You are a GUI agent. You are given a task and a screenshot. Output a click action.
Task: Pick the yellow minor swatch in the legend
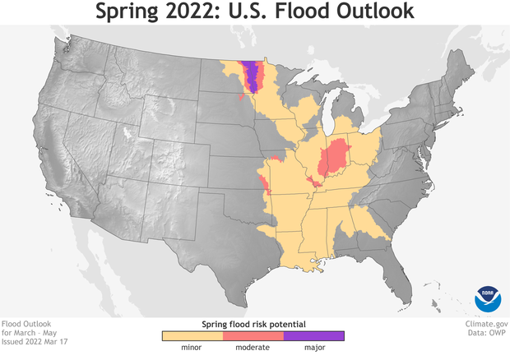(x=192, y=335)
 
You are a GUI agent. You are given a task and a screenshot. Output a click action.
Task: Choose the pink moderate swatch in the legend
(x=253, y=335)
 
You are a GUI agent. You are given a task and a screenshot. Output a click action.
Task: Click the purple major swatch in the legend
(x=313, y=335)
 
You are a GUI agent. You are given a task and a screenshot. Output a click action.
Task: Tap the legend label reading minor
(x=192, y=348)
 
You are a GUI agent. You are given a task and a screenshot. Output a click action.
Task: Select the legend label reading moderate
(x=253, y=348)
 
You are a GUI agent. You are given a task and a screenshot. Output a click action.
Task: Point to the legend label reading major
(x=313, y=348)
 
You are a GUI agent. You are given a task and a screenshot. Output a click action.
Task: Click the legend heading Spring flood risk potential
(x=253, y=324)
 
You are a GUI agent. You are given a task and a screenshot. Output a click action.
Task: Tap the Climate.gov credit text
(x=485, y=324)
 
